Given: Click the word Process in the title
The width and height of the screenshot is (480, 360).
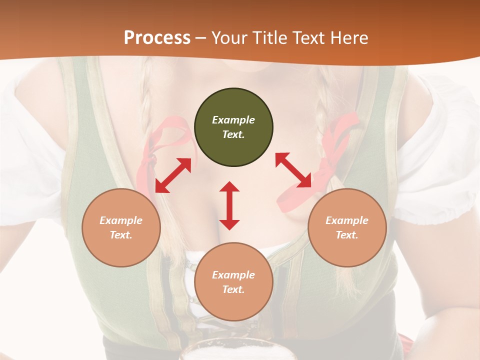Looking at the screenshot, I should tap(157, 38).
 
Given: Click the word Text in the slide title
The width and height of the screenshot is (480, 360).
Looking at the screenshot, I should tap(308, 38).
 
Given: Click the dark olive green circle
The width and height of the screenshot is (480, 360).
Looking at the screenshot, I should tap(233, 127).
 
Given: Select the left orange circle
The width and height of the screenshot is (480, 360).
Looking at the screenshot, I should tap(121, 227).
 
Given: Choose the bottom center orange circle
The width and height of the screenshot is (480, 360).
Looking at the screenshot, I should tap(233, 282).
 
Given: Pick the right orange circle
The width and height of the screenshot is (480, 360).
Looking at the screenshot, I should tap(347, 227).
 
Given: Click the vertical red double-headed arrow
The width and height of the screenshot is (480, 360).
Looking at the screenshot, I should tap(229, 205).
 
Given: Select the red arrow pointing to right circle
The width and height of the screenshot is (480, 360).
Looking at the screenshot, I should tap(293, 170).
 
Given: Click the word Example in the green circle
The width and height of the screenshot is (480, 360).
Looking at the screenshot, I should tap(233, 120).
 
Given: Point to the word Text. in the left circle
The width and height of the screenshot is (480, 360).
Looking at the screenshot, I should tap(121, 235).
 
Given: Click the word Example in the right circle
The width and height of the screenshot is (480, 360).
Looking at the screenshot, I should tap(347, 220).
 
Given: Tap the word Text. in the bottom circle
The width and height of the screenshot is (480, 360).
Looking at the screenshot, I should tap(233, 289).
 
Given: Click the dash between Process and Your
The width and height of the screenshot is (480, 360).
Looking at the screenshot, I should tap(201, 38).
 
